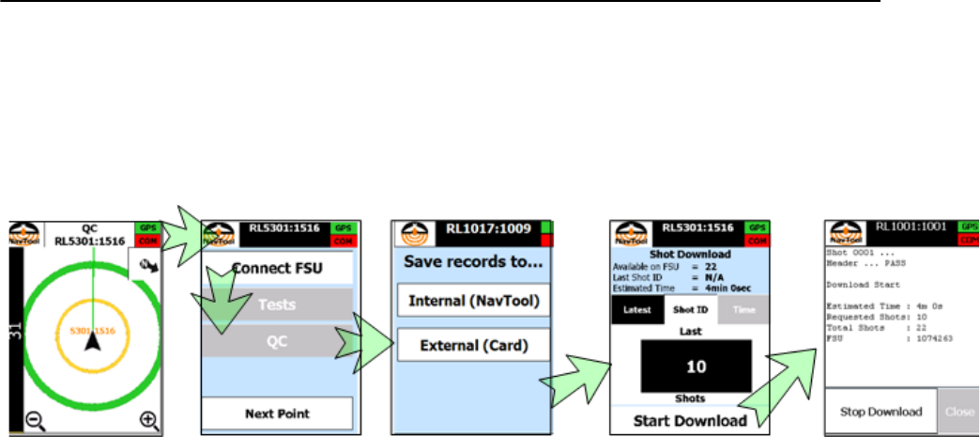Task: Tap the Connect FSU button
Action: point(279,268)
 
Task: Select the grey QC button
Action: point(279,343)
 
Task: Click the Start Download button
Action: point(689,419)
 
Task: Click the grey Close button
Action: point(959,412)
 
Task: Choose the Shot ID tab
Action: point(689,309)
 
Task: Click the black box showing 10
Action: point(696,365)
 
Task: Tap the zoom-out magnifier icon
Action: point(35,420)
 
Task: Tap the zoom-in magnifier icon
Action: point(148,420)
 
